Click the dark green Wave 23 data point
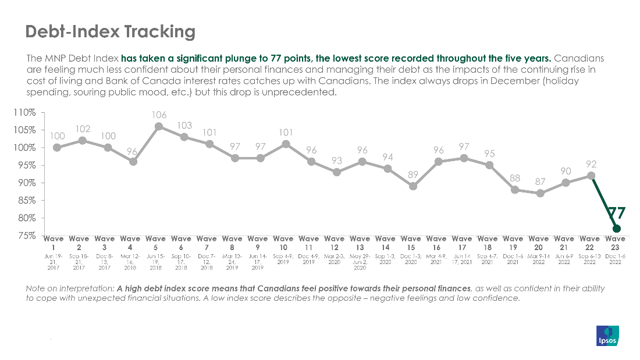point(616,229)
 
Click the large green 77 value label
point(616,212)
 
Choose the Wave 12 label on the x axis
point(335,243)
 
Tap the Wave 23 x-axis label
point(616,243)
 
